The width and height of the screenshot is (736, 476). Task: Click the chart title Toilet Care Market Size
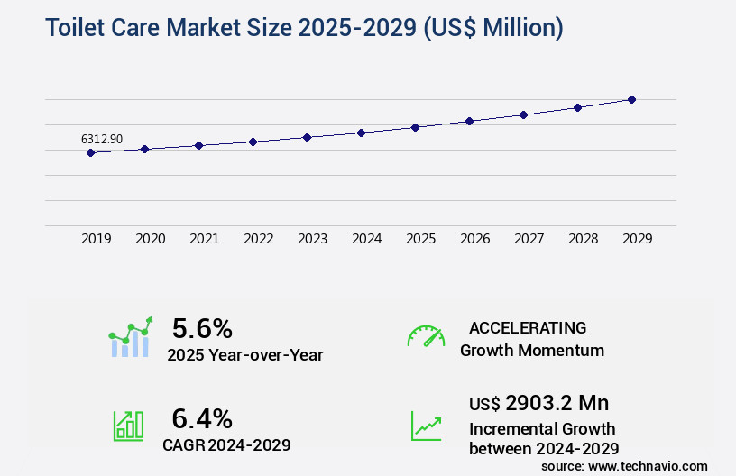click(304, 28)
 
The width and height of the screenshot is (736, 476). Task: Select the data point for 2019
click(90, 153)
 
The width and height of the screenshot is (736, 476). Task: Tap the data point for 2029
click(631, 99)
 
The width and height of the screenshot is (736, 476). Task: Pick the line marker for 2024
click(361, 133)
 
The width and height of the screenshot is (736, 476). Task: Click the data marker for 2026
click(469, 121)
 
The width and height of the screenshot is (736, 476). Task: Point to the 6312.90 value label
click(102, 139)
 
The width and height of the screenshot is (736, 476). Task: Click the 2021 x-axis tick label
click(205, 239)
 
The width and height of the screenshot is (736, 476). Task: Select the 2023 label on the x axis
click(313, 239)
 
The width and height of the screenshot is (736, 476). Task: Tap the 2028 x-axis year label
click(584, 239)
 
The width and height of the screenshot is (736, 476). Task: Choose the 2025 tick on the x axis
click(421, 239)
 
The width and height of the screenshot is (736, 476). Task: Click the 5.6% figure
click(202, 328)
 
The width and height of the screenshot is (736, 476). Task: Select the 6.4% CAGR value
click(202, 418)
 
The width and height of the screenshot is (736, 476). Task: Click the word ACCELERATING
click(528, 328)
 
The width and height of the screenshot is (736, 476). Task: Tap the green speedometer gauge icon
click(426, 336)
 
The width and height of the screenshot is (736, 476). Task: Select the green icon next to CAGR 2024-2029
click(128, 426)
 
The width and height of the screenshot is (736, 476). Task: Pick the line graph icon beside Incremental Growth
click(426, 426)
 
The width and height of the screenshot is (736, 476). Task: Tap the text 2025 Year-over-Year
click(245, 355)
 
